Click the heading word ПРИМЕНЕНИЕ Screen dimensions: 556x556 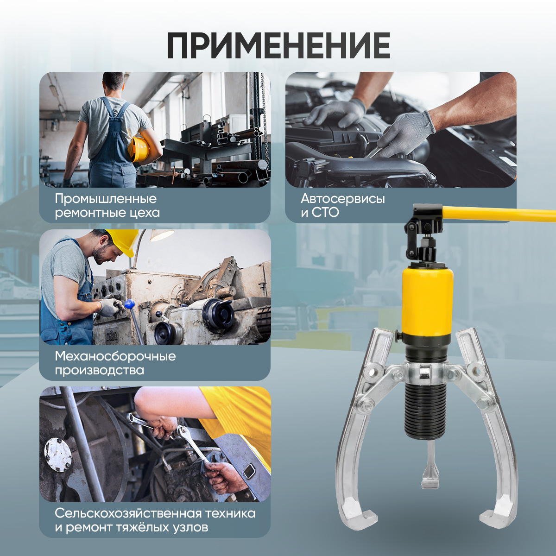click(278, 45)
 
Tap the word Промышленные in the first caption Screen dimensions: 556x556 click(106, 199)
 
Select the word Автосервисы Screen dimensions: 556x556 click(343, 199)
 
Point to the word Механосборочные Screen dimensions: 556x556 click(115, 356)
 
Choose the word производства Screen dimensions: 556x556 click(99, 371)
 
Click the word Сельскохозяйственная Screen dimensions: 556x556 click(128, 513)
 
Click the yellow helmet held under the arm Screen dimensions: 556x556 click(139, 149)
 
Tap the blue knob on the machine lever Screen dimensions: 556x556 click(129, 303)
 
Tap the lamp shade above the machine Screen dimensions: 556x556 click(162, 235)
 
